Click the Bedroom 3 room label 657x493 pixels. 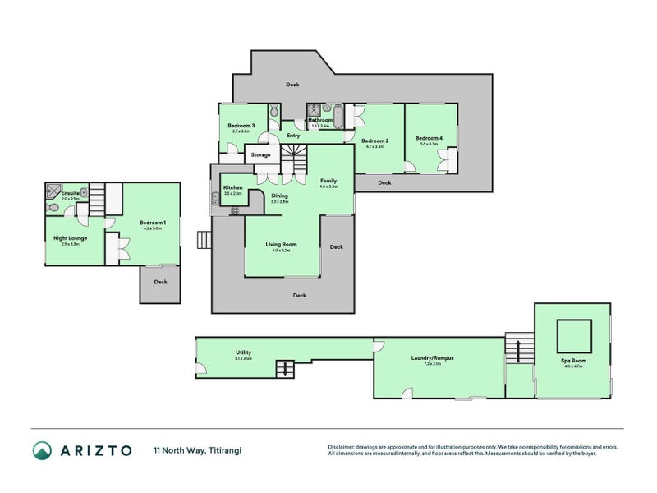point(241,126)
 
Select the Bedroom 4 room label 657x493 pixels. point(429,138)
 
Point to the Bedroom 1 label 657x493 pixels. point(154,223)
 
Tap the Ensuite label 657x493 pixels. point(70,193)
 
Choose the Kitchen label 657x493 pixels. point(232,188)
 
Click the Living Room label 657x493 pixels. point(281,244)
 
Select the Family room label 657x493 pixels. point(328,181)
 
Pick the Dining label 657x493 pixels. point(280,196)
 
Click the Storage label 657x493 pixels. point(260,154)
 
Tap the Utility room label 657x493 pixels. point(243,352)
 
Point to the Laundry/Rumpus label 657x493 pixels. point(432,357)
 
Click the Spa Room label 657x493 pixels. point(572,361)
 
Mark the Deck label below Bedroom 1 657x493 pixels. point(160,282)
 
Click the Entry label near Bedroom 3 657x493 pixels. point(293,136)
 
